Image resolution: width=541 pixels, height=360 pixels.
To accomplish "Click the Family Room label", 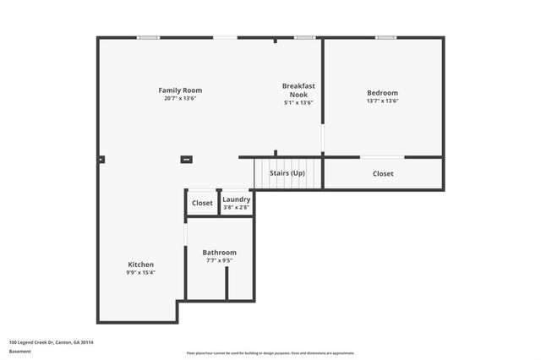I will [180, 90].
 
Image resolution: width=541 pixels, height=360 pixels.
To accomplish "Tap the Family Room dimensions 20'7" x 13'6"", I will [180, 99].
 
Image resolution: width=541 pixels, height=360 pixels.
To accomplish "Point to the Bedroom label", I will [382, 93].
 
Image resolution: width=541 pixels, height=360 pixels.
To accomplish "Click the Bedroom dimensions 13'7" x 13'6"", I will [382, 101].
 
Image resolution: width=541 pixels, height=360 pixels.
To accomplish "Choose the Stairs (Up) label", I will [287, 173].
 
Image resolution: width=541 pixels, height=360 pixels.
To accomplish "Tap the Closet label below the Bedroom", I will [383, 174].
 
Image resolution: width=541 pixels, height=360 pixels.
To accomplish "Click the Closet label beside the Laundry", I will [202, 203].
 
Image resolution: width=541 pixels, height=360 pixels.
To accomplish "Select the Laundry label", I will [237, 199].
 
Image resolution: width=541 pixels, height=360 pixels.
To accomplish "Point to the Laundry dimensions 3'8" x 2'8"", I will [237, 207].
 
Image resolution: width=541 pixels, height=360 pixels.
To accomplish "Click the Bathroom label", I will [219, 253].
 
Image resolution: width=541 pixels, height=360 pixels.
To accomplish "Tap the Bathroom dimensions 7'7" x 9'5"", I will [219, 261].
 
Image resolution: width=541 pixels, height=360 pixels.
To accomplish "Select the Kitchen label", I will [141, 265].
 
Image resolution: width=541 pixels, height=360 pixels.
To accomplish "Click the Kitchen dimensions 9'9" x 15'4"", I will [141, 273].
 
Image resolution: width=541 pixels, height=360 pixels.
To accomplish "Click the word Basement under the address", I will [20, 351].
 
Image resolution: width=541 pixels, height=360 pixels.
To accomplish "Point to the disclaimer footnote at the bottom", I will [270, 353].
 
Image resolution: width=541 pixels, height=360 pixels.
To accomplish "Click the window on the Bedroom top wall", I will [385, 37].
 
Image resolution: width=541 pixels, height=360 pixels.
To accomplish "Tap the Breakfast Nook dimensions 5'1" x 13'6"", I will [299, 103].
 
